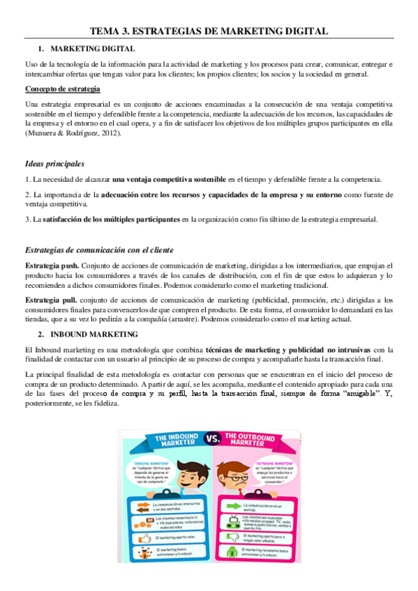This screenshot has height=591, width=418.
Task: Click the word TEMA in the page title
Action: [107, 31]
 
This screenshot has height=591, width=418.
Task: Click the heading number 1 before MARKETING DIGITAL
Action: [40, 49]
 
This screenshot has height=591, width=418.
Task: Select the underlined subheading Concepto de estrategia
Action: [63, 89]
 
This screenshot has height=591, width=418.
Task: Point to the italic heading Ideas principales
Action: [54, 164]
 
